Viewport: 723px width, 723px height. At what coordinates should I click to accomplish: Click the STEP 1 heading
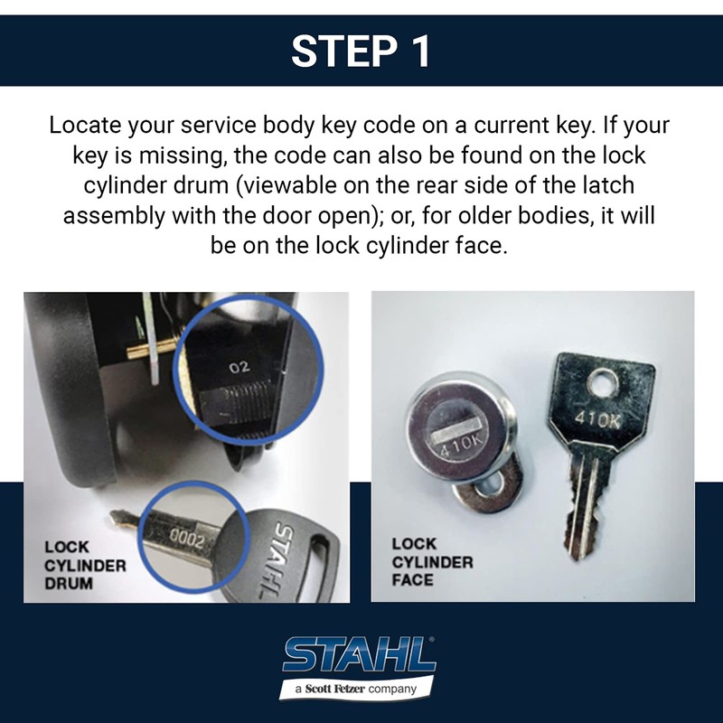click(361, 52)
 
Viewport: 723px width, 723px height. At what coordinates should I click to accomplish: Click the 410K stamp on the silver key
click(598, 420)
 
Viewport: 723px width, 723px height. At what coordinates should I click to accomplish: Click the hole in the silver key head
click(600, 384)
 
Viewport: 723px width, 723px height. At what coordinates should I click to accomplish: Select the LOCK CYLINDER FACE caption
click(432, 561)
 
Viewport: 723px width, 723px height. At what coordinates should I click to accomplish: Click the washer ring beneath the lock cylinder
click(489, 489)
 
